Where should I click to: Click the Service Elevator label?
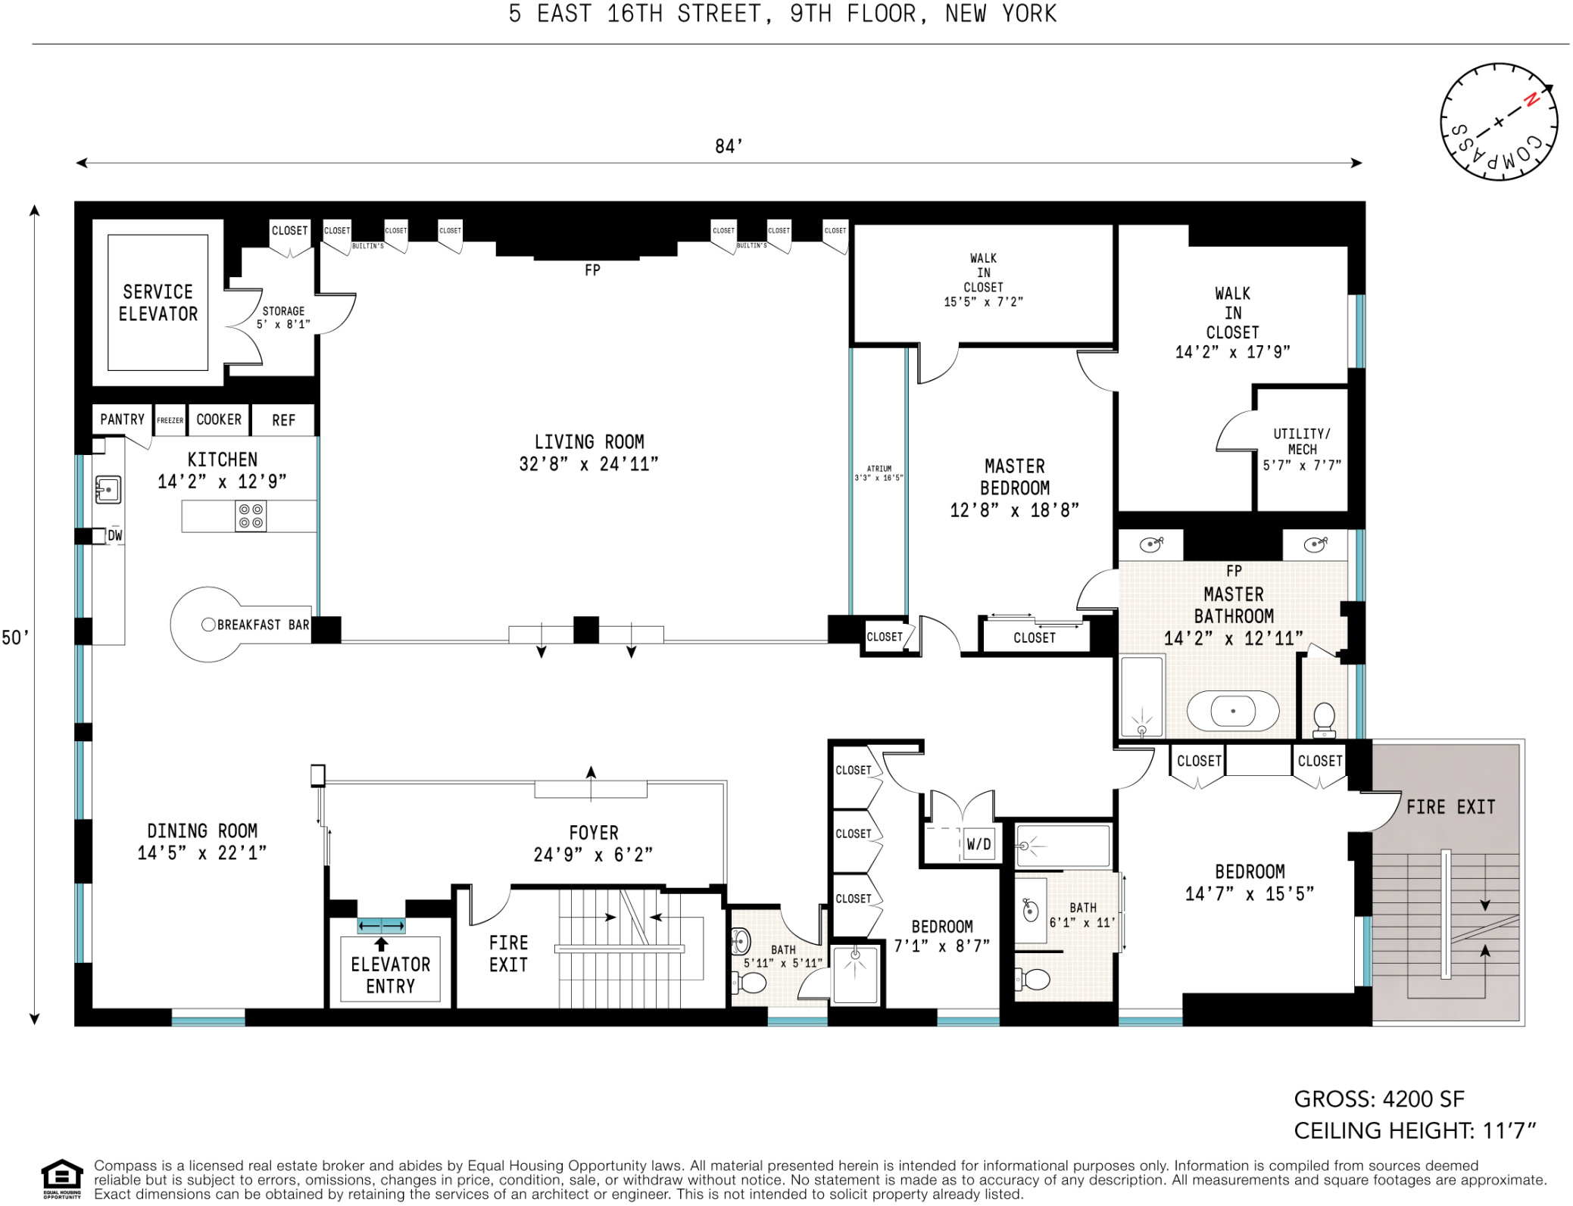[158, 303]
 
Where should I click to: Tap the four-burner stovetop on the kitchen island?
[251, 516]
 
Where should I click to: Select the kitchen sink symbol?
[108, 490]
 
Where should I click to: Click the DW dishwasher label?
[114, 536]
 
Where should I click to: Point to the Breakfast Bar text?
[263, 625]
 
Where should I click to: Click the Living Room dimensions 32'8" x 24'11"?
[588, 464]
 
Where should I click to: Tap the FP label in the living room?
[592, 270]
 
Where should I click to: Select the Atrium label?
[879, 473]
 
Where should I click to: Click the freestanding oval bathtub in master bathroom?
[1232, 712]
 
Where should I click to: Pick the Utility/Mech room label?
[1301, 449]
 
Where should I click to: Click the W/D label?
[978, 844]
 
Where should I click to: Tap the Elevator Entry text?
[390, 975]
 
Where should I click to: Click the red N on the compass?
[1531, 99]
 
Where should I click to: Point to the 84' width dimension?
[729, 146]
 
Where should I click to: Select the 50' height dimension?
[15, 637]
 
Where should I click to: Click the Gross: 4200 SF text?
[1378, 1098]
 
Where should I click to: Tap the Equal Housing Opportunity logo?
[61, 1178]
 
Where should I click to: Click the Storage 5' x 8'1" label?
[283, 318]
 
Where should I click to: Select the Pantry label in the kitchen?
[122, 419]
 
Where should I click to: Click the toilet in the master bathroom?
[1323, 718]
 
